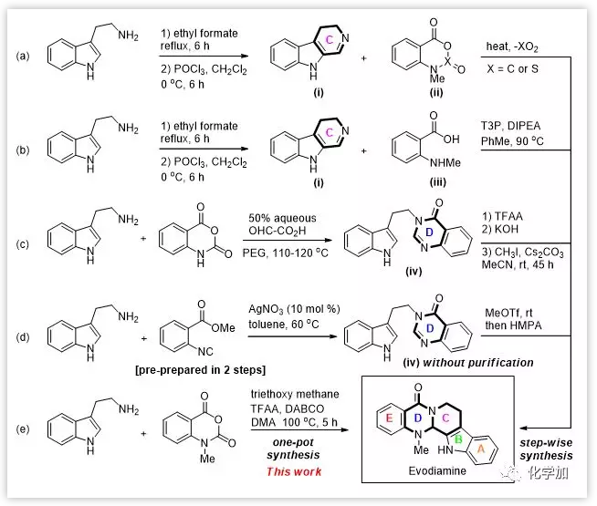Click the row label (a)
pos(22,56)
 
